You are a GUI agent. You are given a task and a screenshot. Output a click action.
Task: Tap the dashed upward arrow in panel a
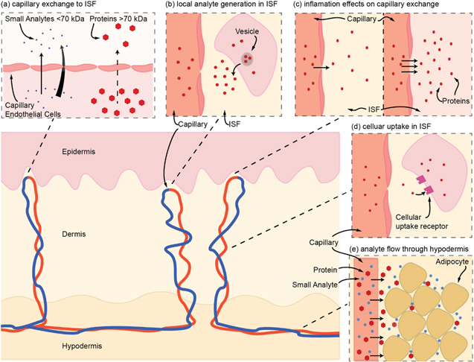coord(119,71)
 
